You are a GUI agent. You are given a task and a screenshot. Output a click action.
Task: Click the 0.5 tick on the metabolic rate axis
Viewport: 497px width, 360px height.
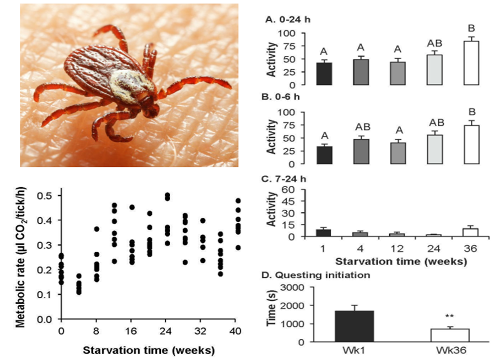48,196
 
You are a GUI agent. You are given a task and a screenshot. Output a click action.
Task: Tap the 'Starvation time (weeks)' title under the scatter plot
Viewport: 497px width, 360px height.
149,351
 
